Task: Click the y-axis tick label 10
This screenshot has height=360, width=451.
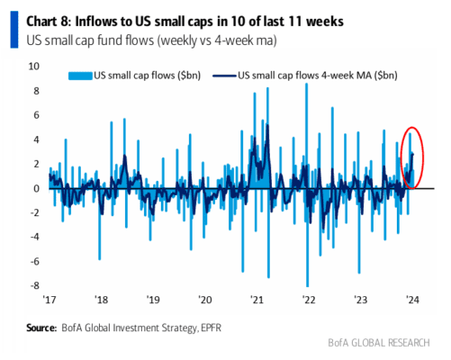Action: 33,67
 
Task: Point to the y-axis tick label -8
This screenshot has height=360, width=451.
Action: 35,285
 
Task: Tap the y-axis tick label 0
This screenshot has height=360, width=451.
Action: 36,189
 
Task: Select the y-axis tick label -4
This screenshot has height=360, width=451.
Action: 35,237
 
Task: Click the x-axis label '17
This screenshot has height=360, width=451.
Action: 50,300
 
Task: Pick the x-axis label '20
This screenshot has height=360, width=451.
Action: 205,300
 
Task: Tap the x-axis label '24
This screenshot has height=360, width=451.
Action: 412,300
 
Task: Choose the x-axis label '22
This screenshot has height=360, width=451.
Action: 309,300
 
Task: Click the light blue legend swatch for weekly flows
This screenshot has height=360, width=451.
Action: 80,76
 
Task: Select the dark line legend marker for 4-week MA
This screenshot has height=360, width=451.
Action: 224,76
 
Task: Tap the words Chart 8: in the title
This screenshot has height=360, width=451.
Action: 49,22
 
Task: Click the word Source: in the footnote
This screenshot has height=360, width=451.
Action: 41,328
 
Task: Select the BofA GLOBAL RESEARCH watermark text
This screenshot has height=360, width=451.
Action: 379,343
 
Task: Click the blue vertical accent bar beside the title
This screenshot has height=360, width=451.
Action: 14,30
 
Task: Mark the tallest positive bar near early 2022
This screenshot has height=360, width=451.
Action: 306,136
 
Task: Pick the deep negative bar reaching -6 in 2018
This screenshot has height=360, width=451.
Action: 100,224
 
